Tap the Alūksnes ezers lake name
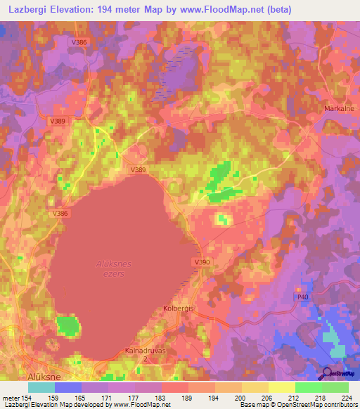tap(112, 268)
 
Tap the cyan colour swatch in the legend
tap(41, 387)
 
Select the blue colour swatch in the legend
tap(67, 387)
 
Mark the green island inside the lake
tap(68, 326)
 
